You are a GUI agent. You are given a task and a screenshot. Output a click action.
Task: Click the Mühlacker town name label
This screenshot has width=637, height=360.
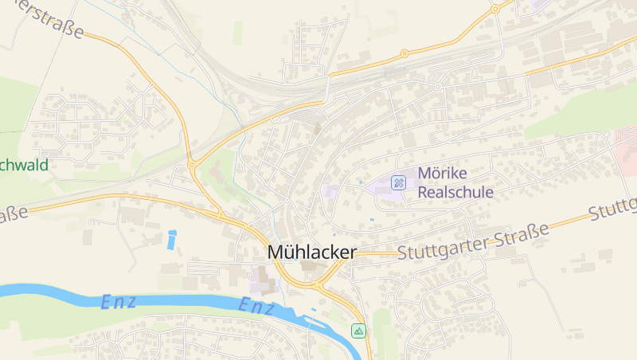coord(311,252)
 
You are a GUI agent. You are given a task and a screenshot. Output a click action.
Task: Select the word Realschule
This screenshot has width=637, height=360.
coord(455,192)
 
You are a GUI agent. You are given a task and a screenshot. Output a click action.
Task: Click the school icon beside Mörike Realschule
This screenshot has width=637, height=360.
coord(399,183)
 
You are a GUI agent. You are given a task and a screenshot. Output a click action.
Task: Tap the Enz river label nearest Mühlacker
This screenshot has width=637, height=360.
coord(256,306)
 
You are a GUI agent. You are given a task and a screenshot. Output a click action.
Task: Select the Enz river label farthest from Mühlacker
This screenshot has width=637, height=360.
coord(119,301)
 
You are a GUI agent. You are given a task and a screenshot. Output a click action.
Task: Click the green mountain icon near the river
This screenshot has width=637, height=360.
coord(359,330)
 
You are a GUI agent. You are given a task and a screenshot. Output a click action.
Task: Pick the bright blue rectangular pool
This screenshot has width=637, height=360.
coord(172,238)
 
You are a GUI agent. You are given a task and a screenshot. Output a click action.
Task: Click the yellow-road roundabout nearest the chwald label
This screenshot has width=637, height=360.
coord(192,165)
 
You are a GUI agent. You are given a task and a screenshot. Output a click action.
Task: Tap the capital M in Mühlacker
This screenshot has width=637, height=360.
coord(276,252)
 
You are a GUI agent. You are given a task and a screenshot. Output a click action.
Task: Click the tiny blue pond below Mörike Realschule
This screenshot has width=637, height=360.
coord(371,219)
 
